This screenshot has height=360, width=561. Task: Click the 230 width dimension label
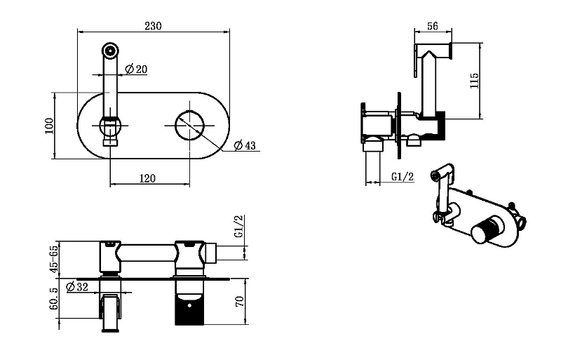(153, 26)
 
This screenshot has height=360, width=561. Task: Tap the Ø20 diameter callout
(136, 69)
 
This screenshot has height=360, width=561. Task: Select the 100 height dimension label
(49, 126)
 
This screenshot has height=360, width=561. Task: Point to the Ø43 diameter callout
(245, 145)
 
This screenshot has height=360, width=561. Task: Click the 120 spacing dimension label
(147, 178)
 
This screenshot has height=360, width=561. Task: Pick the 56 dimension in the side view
(432, 26)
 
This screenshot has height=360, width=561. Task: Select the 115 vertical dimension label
(474, 81)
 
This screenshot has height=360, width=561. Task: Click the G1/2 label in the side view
(403, 177)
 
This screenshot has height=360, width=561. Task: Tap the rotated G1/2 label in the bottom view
(238, 226)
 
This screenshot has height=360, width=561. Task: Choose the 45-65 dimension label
(53, 259)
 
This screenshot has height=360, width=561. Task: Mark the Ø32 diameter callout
(77, 286)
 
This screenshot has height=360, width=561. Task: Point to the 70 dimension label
(240, 301)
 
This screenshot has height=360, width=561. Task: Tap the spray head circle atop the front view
(110, 50)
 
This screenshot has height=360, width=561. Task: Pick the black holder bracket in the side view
(441, 126)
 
